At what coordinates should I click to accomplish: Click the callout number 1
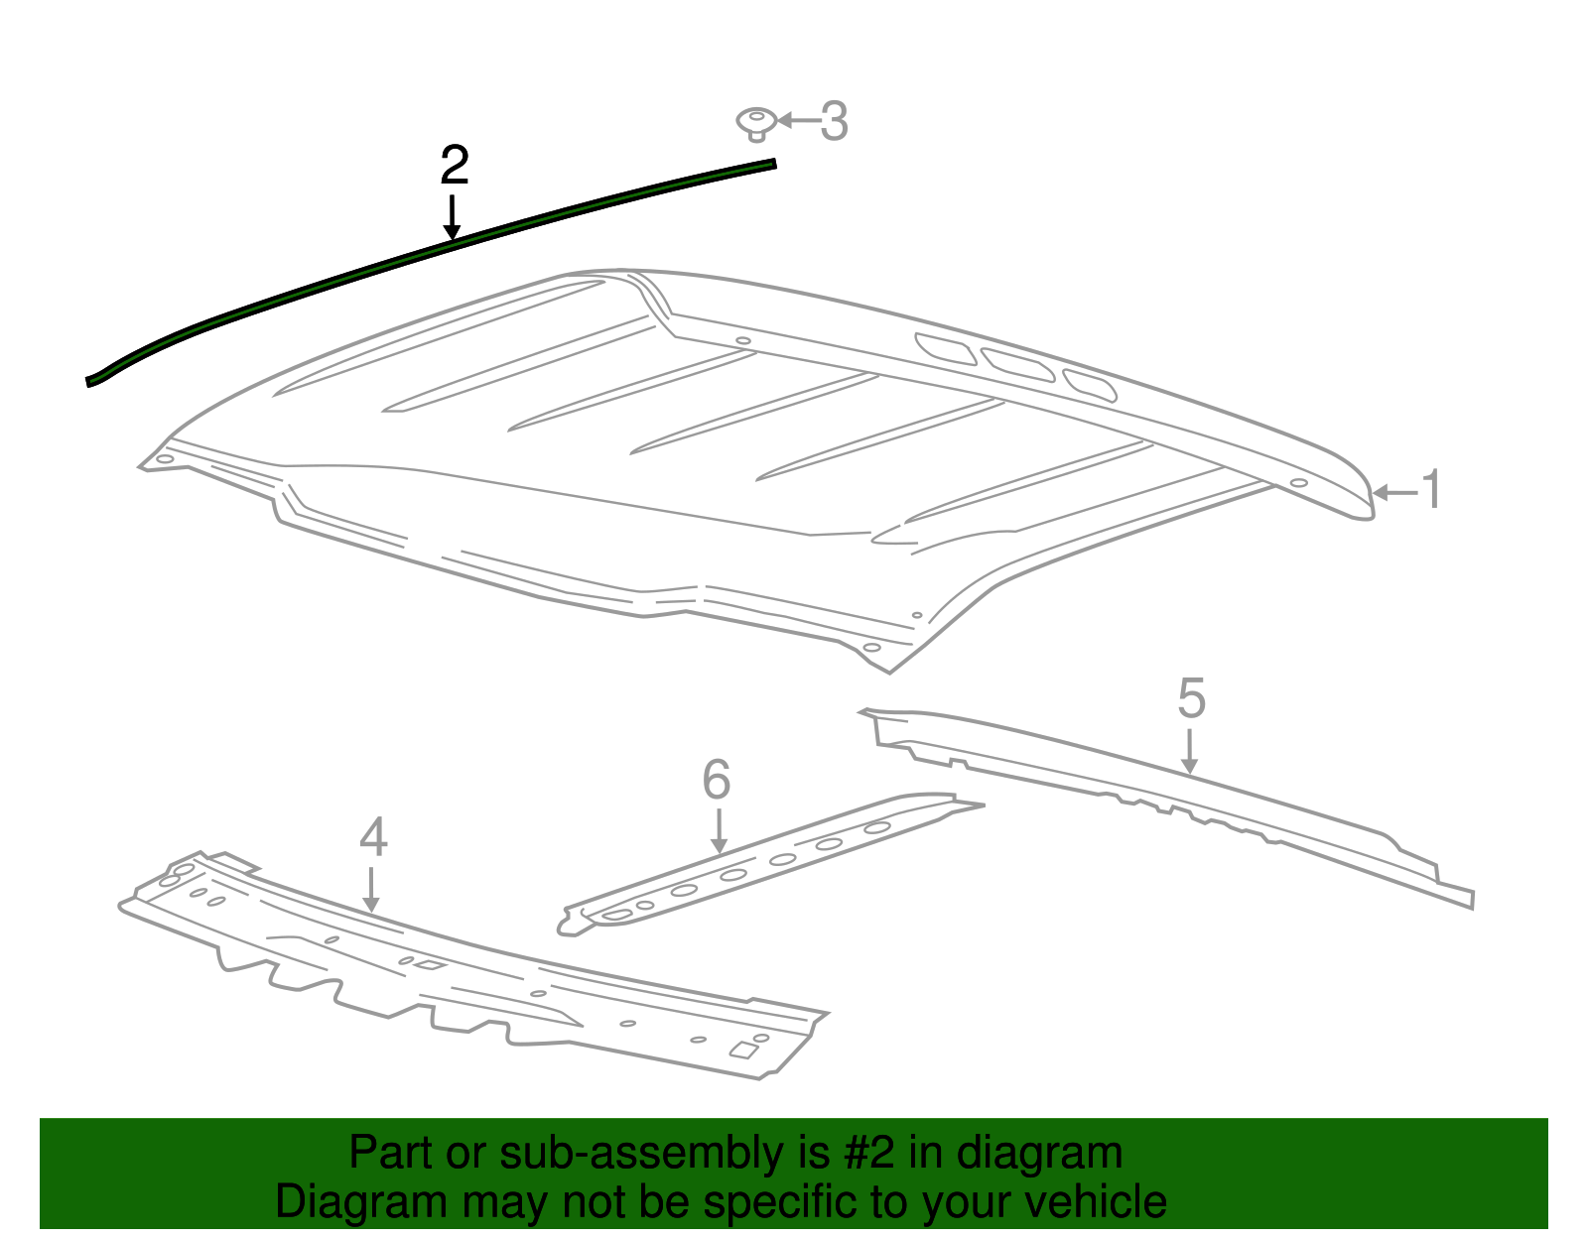click(x=1431, y=490)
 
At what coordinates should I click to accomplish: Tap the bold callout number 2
click(x=454, y=165)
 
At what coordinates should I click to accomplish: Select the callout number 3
click(x=834, y=120)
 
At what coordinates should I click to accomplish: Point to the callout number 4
click(x=373, y=836)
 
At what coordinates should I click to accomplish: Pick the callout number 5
click(x=1191, y=698)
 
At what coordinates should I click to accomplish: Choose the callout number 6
click(x=717, y=779)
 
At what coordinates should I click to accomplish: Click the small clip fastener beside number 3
click(x=755, y=124)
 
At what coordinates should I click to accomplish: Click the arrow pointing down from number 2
click(x=453, y=217)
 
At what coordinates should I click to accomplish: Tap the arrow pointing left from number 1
click(x=1395, y=493)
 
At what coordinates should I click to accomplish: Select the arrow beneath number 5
click(x=1190, y=751)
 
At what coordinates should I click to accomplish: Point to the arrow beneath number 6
click(x=720, y=831)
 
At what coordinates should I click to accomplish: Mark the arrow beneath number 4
click(x=372, y=890)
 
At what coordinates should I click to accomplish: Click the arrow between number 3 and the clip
click(x=797, y=120)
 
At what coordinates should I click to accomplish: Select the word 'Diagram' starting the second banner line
click(x=361, y=1201)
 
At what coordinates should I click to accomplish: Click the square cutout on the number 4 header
click(x=744, y=1050)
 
